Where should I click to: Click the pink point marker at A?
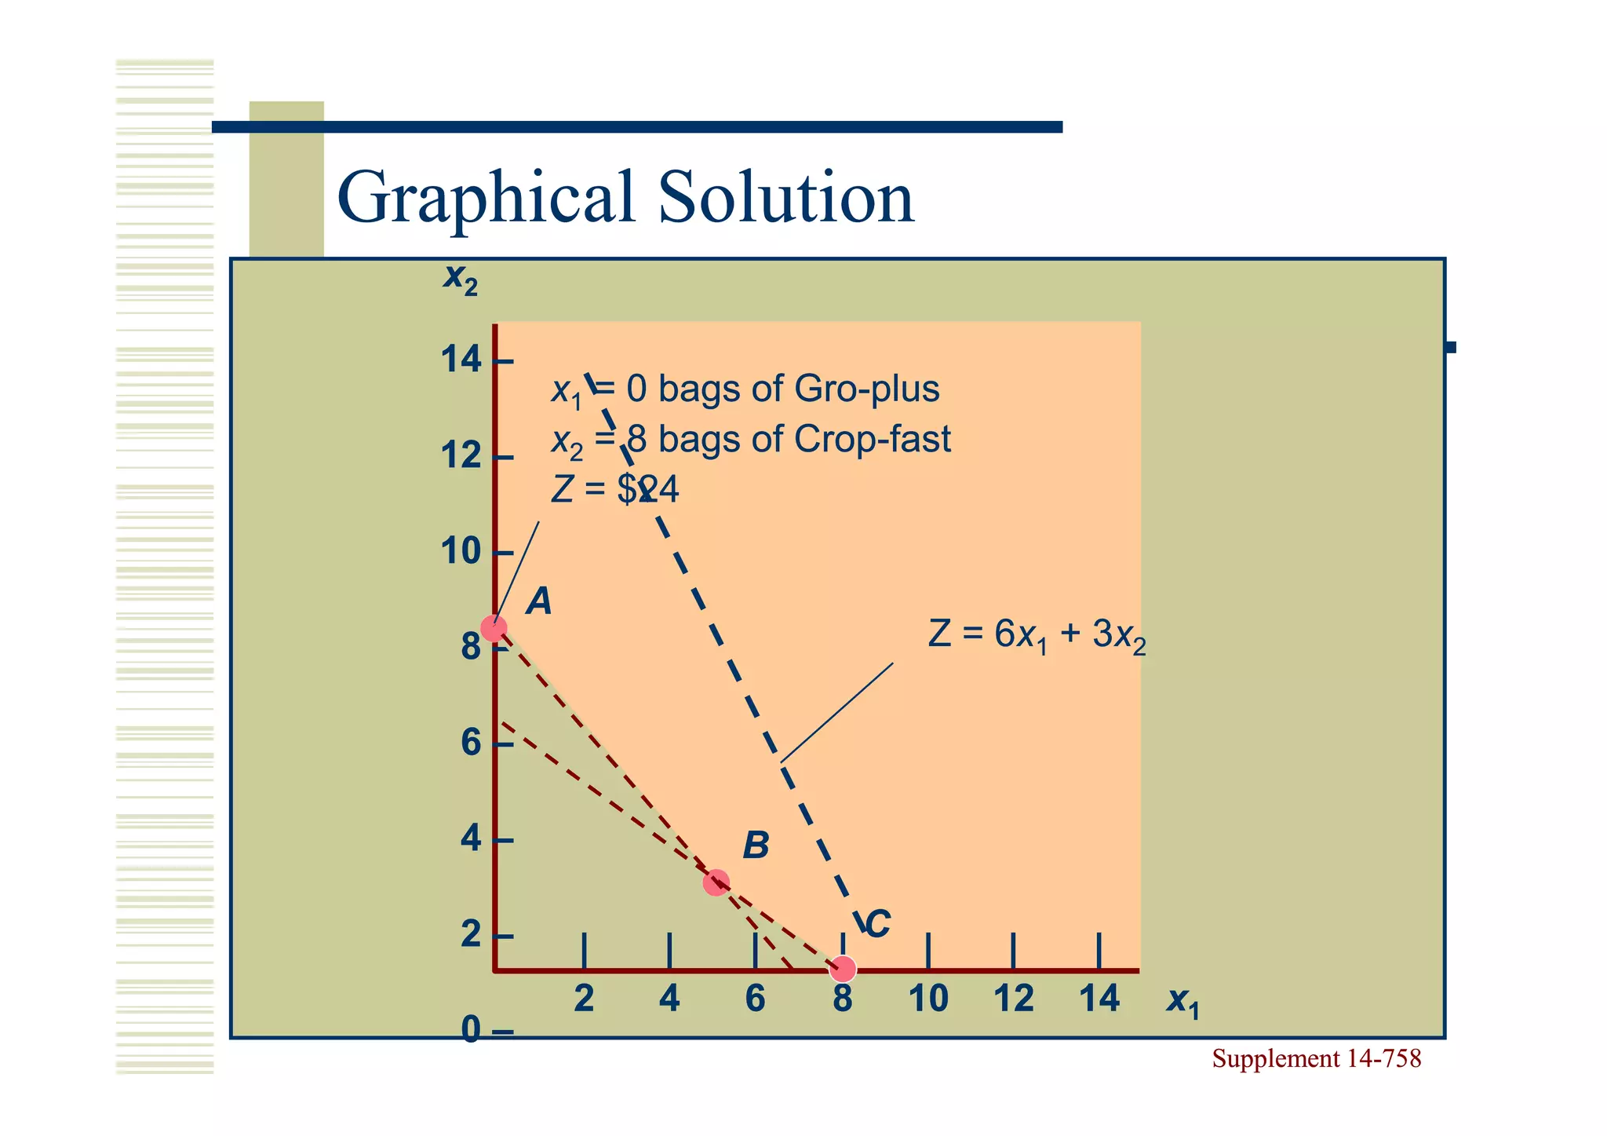pyautogui.click(x=494, y=628)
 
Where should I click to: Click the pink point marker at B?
pyautogui.click(x=716, y=882)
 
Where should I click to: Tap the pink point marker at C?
pyautogui.click(x=843, y=970)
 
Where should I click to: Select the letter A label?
pyautogui.click(x=539, y=603)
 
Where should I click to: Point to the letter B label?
pyautogui.click(x=756, y=846)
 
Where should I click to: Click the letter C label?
pyautogui.click(x=877, y=924)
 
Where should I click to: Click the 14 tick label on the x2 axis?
pyautogui.click(x=461, y=360)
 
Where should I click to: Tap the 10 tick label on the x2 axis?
pyautogui.click(x=461, y=553)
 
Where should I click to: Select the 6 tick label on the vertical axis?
pyautogui.click(x=471, y=743)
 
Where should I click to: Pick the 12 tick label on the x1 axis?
pyautogui.click(x=1014, y=999)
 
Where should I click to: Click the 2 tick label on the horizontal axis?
pyautogui.click(x=584, y=999)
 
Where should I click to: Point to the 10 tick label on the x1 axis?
pyautogui.click(x=928, y=999)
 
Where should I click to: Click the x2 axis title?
pyautogui.click(x=460, y=279)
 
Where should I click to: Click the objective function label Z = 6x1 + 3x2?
pyautogui.click(x=1037, y=635)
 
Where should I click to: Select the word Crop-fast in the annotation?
pyautogui.click(x=872, y=440)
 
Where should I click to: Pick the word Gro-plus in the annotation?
pyautogui.click(x=866, y=389)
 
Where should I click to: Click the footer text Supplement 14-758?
pyautogui.click(x=1316, y=1059)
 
